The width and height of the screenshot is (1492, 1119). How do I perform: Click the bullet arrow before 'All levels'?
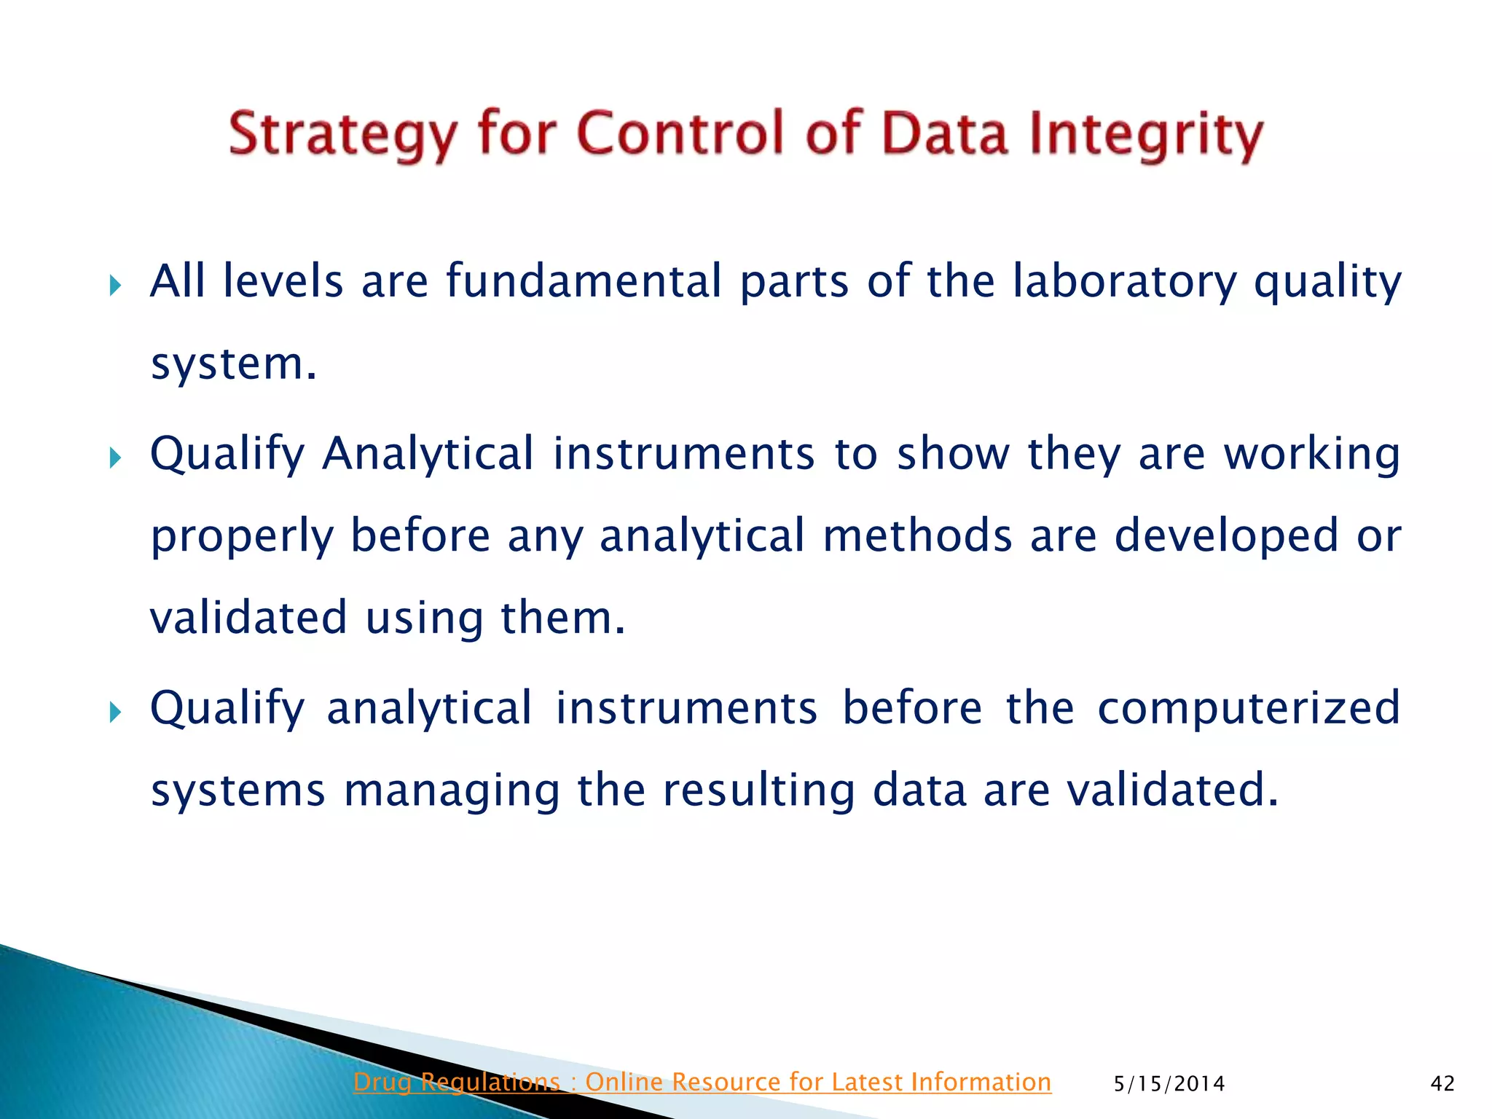point(115,286)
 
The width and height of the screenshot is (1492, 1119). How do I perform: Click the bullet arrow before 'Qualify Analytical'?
point(115,458)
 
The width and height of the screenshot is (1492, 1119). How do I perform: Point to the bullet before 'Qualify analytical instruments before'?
point(115,712)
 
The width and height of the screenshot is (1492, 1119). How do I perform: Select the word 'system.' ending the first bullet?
point(233,364)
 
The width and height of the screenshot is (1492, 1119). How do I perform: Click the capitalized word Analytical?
point(428,455)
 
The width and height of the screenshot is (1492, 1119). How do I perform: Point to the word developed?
point(1226,536)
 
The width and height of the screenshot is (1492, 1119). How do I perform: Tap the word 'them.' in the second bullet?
point(562,618)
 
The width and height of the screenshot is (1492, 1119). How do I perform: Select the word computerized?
point(1248,709)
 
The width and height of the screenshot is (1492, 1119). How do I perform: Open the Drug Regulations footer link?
point(702,1083)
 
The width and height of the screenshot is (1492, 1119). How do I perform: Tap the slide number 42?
point(1442,1084)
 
